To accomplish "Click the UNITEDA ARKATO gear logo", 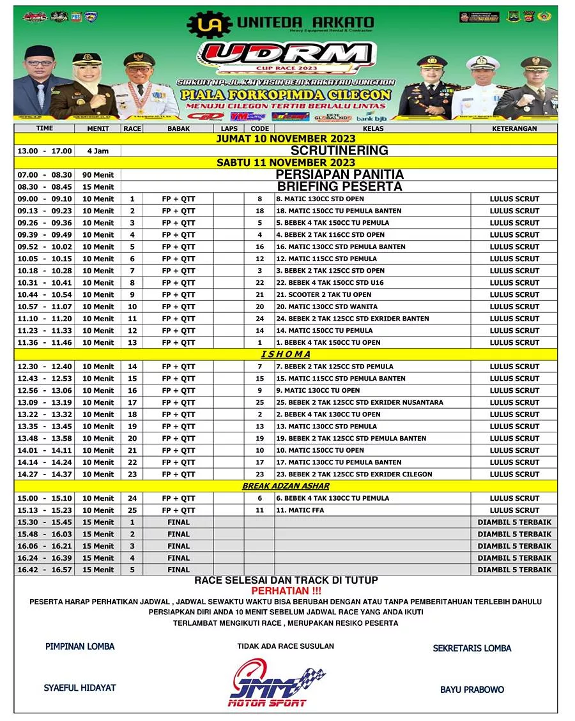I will [209, 24].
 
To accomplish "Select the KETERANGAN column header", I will [514, 128].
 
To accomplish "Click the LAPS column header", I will [229, 128].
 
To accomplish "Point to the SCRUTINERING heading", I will [339, 151].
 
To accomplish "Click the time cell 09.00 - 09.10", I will [45, 199].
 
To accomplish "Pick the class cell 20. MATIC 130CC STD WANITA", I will [326, 307].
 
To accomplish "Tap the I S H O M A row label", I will [285, 354].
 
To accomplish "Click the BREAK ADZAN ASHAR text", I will [285, 486].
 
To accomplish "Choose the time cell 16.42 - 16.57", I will [45, 570].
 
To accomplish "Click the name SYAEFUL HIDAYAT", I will [80, 688].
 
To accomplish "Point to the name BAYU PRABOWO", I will [472, 690].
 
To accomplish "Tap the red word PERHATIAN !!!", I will [286, 591].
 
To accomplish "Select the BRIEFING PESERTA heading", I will [339, 186].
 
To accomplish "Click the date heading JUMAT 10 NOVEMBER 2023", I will [285, 139].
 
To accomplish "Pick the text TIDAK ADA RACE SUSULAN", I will [286, 646].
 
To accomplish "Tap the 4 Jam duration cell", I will [98, 151].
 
